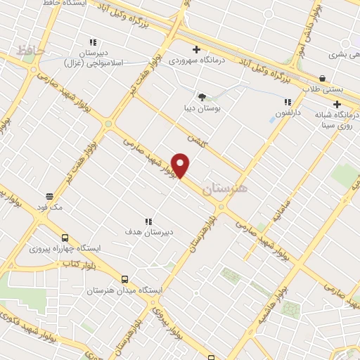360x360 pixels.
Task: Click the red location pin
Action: click(x=181, y=165)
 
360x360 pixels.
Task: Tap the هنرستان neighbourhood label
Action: click(x=225, y=188)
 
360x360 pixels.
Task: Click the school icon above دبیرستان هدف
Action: click(x=148, y=221)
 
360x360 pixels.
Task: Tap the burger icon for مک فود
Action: click(x=50, y=196)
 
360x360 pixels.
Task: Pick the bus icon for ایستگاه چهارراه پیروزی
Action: click(x=65, y=238)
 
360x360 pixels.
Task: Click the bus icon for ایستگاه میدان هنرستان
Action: click(x=125, y=278)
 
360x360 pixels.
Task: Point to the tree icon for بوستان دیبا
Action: click(x=202, y=97)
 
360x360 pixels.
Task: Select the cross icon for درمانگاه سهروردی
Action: click(x=196, y=49)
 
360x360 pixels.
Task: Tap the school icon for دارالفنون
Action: click(x=288, y=102)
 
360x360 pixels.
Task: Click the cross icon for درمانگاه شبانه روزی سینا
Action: click(x=337, y=104)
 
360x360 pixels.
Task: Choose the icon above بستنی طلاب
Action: click(x=322, y=78)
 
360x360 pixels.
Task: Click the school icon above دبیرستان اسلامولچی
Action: click(x=92, y=42)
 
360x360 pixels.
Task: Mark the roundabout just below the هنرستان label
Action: click(x=221, y=207)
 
